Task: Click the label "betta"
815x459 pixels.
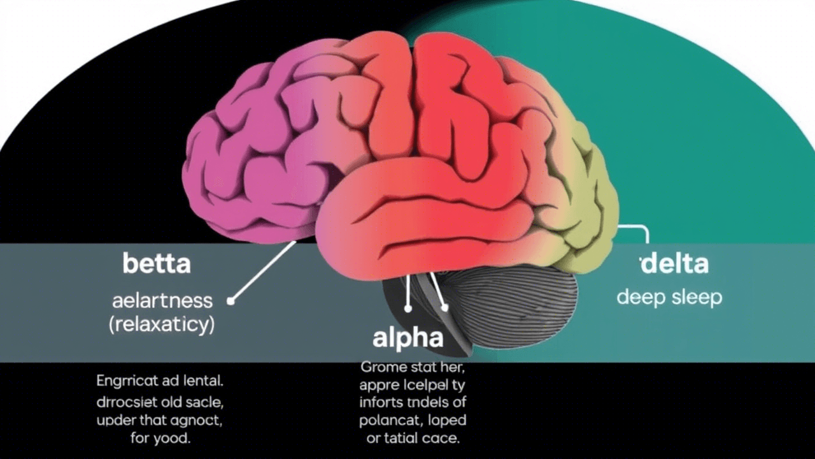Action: coord(156,263)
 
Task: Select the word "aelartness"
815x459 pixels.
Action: coord(162,300)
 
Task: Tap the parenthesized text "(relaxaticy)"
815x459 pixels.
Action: coord(162,324)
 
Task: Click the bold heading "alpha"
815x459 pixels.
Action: coord(407,338)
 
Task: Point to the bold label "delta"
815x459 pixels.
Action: coord(674,263)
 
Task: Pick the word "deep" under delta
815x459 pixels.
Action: coord(638,298)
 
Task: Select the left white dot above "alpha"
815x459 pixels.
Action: coord(408,309)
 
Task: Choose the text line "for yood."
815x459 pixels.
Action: coord(161,439)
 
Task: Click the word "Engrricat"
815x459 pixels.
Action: coord(124,382)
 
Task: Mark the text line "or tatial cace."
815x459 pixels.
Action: coord(412,439)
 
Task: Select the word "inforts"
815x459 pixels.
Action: coord(381,402)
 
